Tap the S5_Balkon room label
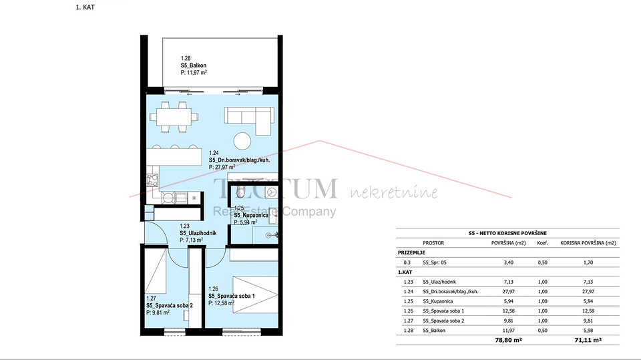point(194,67)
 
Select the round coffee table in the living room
point(242,142)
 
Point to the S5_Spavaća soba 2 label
point(170,305)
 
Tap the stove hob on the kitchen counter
point(151,180)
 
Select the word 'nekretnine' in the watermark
point(394,193)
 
